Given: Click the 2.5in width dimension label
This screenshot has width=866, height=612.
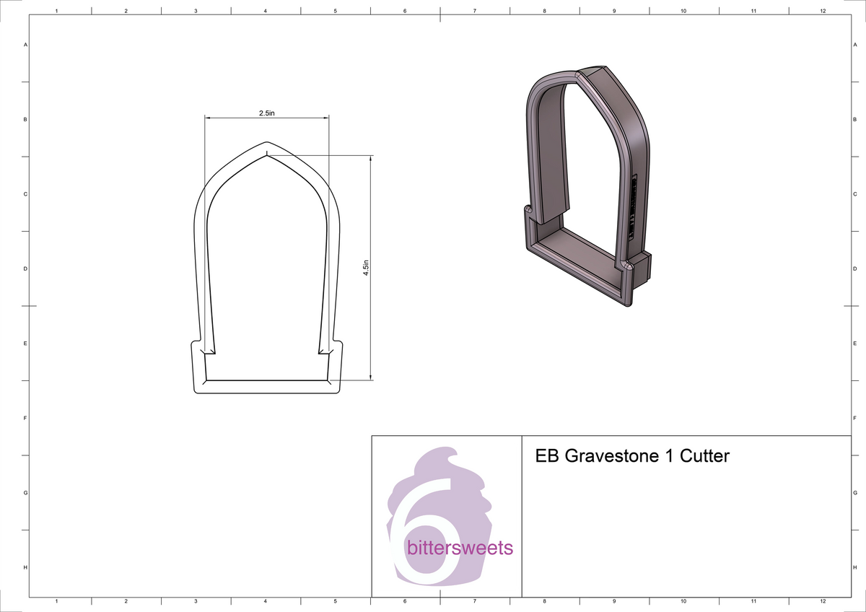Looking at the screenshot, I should (x=266, y=113).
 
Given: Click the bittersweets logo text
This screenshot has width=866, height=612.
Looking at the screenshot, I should (x=460, y=548).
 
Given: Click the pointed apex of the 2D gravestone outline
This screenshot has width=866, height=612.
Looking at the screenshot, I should (x=267, y=142).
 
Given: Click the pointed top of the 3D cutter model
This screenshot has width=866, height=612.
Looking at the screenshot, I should (x=578, y=73).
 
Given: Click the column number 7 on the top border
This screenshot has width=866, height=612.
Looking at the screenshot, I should (x=474, y=12).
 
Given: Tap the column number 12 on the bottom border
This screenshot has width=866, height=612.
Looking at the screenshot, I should (x=823, y=601).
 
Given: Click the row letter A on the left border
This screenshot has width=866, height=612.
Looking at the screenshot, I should (x=26, y=45).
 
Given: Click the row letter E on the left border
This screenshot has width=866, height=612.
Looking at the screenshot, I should (x=26, y=344).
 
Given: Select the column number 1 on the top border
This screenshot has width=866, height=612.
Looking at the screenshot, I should (x=56, y=12).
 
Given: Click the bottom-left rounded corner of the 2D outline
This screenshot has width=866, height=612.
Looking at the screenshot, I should (x=197, y=390).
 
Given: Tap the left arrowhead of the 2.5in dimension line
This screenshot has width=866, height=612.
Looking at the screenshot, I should (x=208, y=118).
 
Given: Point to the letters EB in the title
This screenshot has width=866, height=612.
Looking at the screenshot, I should (x=547, y=456).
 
